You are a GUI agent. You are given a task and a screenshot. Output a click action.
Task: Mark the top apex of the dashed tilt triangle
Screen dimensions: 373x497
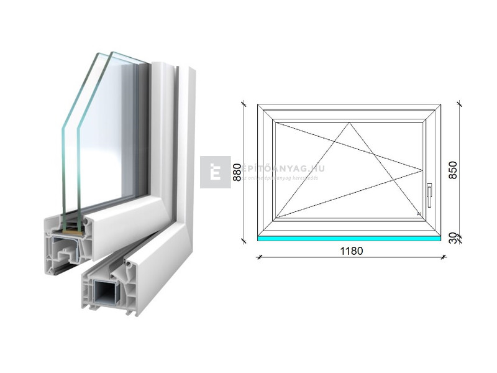click(349, 122)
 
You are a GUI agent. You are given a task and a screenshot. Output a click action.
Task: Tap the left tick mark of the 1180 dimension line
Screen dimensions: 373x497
click(258, 256)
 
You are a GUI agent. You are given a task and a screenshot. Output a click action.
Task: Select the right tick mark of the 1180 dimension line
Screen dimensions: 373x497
click(441, 256)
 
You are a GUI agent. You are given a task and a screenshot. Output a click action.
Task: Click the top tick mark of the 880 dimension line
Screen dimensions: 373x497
click(243, 104)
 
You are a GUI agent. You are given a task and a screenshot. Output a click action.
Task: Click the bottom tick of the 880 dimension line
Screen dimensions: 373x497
click(243, 241)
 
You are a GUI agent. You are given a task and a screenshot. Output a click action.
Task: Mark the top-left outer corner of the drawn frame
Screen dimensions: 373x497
click(258, 104)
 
